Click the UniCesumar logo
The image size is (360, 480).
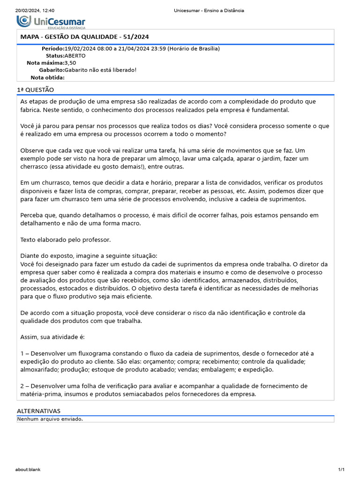click(x=51, y=22)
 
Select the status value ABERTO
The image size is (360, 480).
click(x=75, y=55)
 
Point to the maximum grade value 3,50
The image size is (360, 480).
click(x=70, y=62)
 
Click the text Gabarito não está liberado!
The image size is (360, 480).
click(x=100, y=70)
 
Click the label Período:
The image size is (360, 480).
click(x=52, y=48)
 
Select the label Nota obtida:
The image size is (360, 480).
click(x=47, y=77)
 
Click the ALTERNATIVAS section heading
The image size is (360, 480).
click(x=38, y=411)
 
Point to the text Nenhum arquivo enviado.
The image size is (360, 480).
click(x=50, y=419)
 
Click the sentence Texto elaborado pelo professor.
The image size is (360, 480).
click(x=66, y=240)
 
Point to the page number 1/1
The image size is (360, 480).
click(x=341, y=469)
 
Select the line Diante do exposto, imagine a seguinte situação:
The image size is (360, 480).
click(x=89, y=255)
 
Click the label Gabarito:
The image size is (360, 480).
click(x=52, y=70)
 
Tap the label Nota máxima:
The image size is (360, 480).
click(x=45, y=62)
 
